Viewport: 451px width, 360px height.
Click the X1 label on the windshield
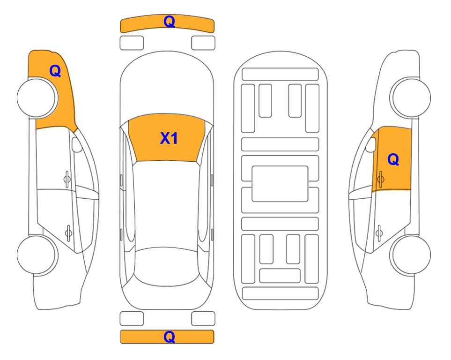click(x=169, y=138)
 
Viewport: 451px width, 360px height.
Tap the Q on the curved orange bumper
click(x=169, y=22)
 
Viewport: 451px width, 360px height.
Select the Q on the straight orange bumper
click(x=169, y=337)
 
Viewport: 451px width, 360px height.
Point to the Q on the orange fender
click(x=55, y=71)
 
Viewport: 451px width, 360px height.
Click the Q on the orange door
click(x=393, y=159)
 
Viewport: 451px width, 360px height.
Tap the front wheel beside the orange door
click(x=410, y=97)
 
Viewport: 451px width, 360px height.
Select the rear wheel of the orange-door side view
click(x=410, y=255)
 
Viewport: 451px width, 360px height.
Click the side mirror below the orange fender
click(x=76, y=144)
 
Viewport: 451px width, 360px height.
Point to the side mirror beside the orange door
click(x=371, y=144)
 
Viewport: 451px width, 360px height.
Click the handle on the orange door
click(x=380, y=179)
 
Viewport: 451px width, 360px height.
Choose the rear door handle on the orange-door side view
click(x=379, y=233)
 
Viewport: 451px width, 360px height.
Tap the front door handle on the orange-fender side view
click(x=67, y=180)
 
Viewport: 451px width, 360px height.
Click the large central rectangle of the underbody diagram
click(x=280, y=184)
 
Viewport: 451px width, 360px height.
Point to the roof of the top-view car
click(x=167, y=204)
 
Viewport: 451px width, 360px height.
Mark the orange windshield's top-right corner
click(x=205, y=120)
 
